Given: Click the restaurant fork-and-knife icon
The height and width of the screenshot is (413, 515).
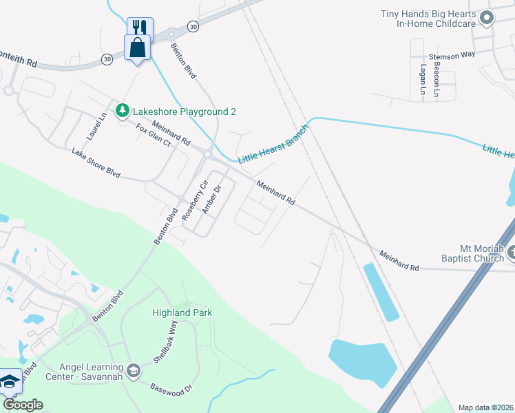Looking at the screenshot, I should [140, 27].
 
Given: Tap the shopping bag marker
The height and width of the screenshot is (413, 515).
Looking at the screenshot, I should [138, 48].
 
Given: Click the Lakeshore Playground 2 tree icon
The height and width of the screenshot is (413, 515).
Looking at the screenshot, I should [123, 110].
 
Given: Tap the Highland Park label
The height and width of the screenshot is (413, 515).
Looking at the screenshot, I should [182, 313].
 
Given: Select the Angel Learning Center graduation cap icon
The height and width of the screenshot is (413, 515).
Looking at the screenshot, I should [133, 372].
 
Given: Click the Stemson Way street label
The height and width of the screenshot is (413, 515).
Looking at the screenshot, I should [452, 57].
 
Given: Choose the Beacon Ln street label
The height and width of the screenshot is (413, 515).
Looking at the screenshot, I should [437, 81].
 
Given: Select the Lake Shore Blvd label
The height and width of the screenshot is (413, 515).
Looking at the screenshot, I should [96, 162].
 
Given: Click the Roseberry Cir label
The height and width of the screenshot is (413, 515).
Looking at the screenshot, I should [193, 199].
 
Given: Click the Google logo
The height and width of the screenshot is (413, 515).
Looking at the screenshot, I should [23, 405].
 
